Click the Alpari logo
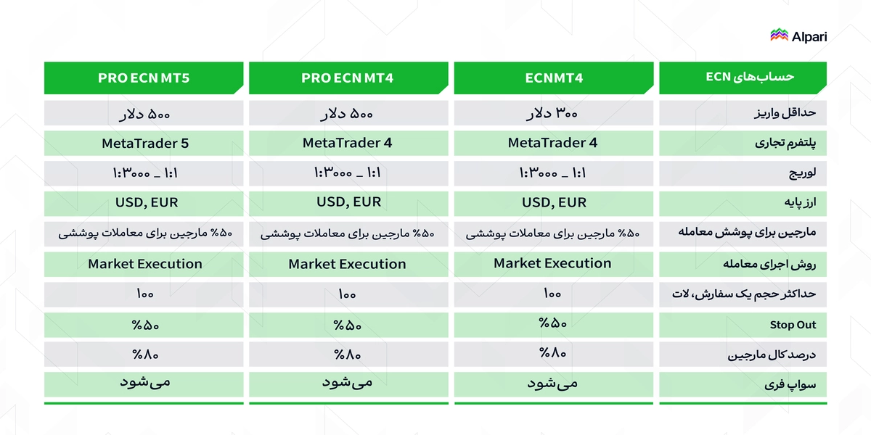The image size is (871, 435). coord(798,36)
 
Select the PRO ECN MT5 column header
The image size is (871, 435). coord(144,78)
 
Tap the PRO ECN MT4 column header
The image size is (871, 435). coord(348,78)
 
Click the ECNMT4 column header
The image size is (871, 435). coord(554,78)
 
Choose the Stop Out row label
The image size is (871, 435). coord(793,325)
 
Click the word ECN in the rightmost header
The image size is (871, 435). coord(718,77)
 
